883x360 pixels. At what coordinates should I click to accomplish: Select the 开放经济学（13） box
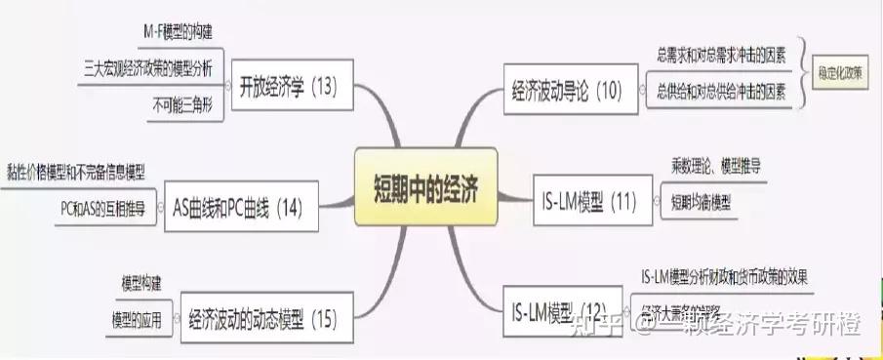(288, 87)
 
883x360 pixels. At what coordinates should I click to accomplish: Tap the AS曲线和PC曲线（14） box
(238, 208)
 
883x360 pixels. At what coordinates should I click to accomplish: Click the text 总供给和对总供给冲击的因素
(721, 91)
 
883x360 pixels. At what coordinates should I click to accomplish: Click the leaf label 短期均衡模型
(700, 203)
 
